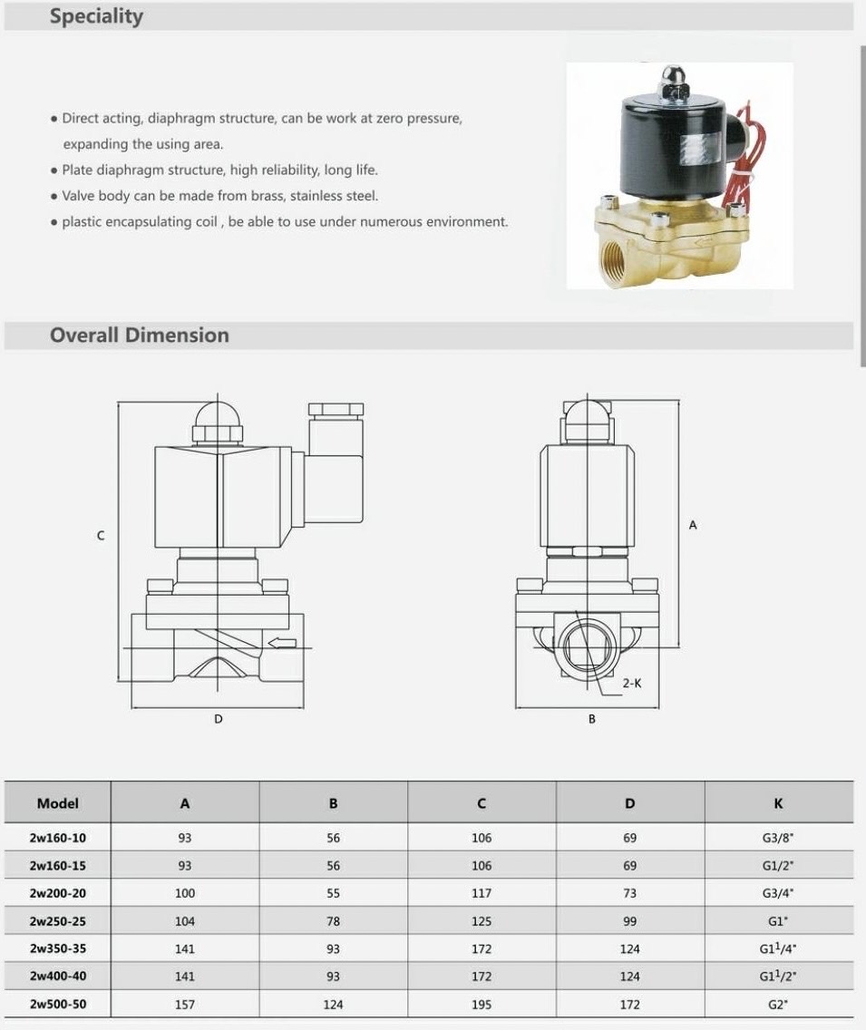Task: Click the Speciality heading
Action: click(96, 15)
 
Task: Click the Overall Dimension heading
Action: click(140, 335)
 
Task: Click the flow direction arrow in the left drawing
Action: click(283, 643)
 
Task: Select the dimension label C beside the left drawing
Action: click(101, 536)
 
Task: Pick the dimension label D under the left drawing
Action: click(219, 719)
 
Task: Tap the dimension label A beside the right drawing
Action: click(693, 526)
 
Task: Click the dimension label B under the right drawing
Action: click(592, 719)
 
